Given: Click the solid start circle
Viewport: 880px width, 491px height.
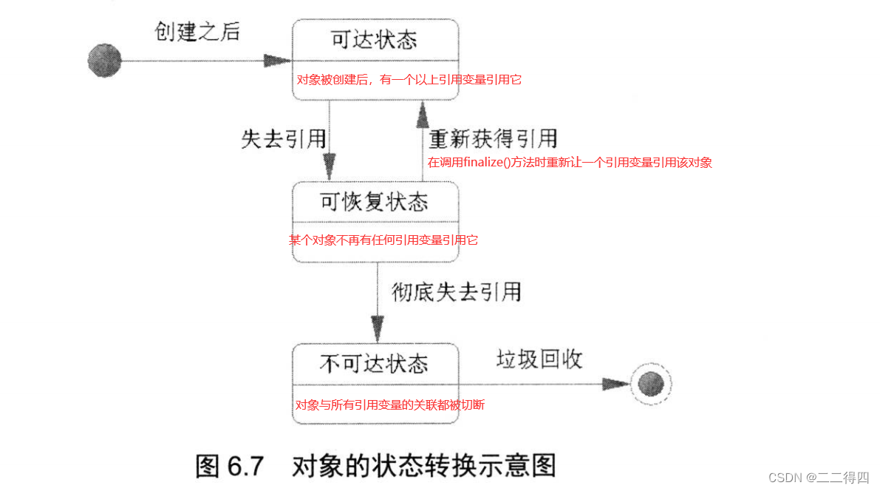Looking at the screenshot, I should [x=104, y=60].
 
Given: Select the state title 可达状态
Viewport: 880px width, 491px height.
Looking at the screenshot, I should [x=375, y=38].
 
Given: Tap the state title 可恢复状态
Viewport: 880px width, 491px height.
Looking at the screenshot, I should [x=375, y=201].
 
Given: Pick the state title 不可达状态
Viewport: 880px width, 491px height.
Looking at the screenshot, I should [x=374, y=364].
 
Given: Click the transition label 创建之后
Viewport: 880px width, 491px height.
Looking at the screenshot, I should [x=197, y=31].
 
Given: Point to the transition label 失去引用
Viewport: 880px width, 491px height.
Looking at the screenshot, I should [x=283, y=140].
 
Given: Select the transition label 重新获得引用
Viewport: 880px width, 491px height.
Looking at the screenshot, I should [x=493, y=138].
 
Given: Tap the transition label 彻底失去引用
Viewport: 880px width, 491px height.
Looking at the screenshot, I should [x=457, y=292].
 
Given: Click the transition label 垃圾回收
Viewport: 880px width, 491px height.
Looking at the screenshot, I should [x=539, y=359].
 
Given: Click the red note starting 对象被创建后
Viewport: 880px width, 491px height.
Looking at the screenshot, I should [x=409, y=79].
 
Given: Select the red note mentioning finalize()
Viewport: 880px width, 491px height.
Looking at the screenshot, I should [x=570, y=163].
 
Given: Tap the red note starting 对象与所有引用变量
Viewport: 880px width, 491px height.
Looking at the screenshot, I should [x=389, y=404].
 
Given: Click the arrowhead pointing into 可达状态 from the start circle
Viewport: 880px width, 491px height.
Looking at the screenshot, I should [x=278, y=60].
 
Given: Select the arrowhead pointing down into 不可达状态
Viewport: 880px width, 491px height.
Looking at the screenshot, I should [x=378, y=326].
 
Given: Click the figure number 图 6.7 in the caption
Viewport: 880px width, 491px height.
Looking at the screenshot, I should [x=230, y=466].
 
